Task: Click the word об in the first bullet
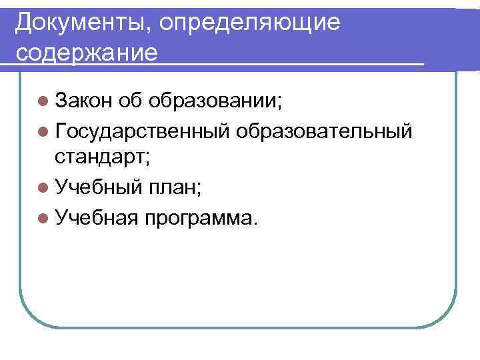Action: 130,101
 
